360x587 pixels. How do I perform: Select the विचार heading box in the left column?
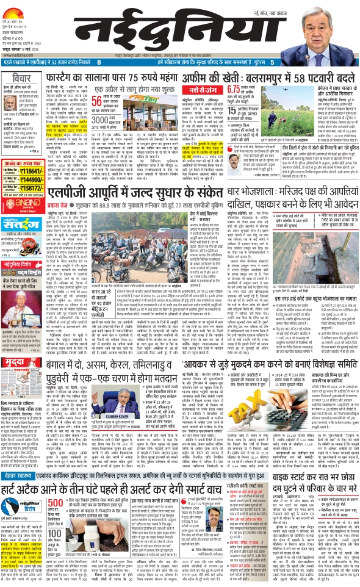22,80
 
